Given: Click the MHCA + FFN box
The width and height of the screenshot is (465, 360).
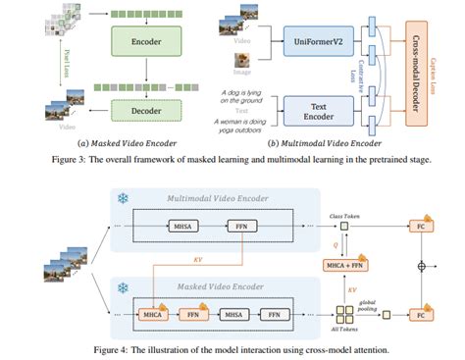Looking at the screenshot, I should pyautogui.click(x=344, y=265).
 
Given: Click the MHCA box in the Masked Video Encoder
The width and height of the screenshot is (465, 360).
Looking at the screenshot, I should pyautogui.click(x=153, y=316).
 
